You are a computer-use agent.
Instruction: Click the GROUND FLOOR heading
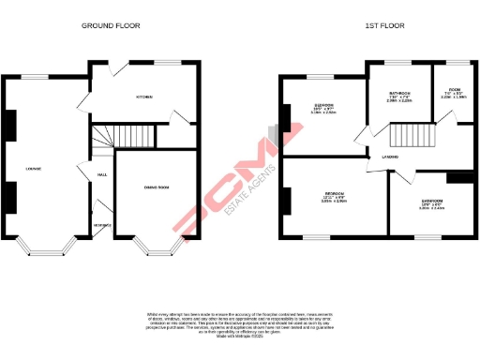tap(111, 25)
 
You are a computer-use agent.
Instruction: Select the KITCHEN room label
tap(145, 97)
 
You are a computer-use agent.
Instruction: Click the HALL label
tap(101, 174)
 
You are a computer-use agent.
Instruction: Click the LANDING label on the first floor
tap(383, 157)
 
